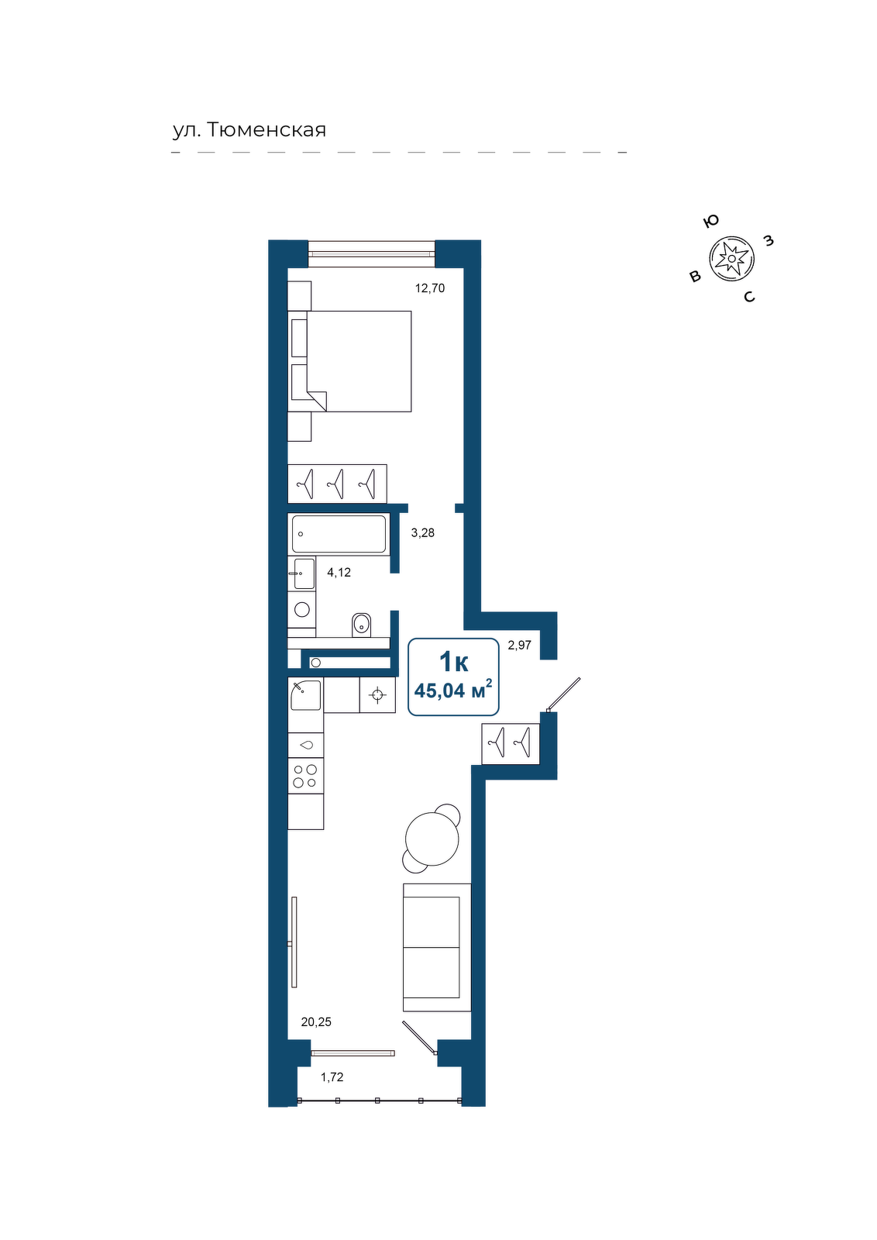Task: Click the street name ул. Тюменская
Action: pos(249,130)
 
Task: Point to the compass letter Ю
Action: pos(711,222)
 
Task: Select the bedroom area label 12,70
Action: pos(430,288)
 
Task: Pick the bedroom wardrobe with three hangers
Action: pos(337,484)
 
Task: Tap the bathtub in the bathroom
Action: pos(339,534)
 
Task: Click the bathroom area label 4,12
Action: pos(339,573)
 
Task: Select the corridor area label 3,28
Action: pos(423,533)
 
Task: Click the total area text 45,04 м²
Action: pos(453,691)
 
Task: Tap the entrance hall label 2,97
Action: pos(520,645)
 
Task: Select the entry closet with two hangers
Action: pos(511,743)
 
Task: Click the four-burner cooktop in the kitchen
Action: pos(305,776)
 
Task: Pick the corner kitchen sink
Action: pos(305,694)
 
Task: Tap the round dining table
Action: pos(432,838)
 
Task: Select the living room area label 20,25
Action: pos(316,1022)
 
